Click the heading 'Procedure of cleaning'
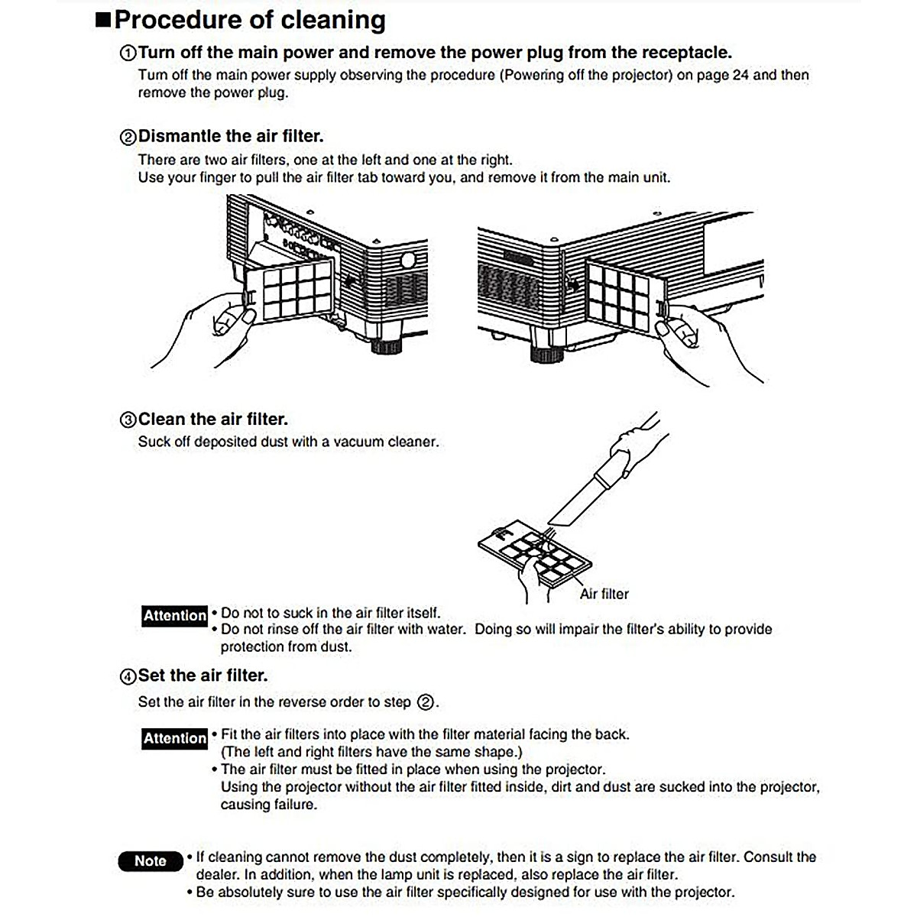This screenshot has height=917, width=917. tap(250, 20)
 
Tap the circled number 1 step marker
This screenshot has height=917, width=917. tap(128, 53)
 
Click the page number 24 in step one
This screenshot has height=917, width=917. tap(740, 75)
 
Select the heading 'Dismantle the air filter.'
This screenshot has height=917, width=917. tap(231, 136)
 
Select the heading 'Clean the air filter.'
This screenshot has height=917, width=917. tap(213, 419)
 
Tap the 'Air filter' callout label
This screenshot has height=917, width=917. tap(604, 594)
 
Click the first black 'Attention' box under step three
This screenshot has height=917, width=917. tap(175, 616)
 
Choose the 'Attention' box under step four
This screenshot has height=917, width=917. tap(175, 738)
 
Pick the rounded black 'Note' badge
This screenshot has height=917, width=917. tap(151, 861)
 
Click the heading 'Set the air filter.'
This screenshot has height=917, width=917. tap(203, 676)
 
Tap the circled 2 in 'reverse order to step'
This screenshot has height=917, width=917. tap(426, 702)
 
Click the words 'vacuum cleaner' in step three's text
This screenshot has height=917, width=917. tap(386, 442)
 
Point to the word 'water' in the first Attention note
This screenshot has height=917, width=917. tap(446, 629)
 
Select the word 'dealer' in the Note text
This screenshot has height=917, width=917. tap(217, 875)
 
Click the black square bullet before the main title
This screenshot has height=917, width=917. tap(103, 21)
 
